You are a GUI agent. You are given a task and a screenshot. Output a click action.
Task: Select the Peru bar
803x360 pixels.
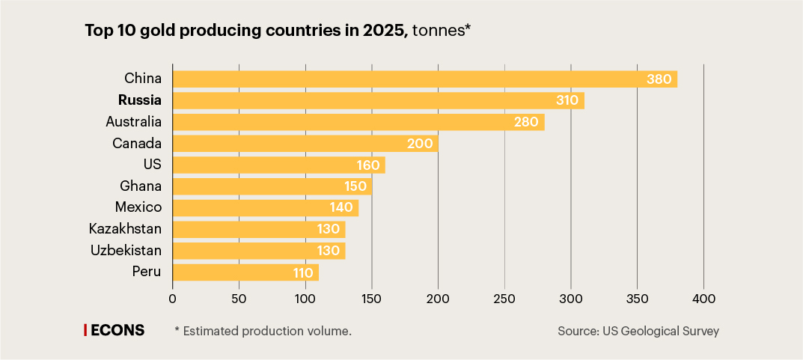(239, 272)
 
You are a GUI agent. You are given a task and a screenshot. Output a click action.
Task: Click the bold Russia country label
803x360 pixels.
(139, 100)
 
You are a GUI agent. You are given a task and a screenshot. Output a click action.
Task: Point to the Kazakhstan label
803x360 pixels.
(125, 229)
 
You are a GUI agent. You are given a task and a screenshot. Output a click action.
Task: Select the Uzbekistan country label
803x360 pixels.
(126, 251)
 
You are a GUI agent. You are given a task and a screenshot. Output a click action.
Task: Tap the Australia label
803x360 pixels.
(134, 121)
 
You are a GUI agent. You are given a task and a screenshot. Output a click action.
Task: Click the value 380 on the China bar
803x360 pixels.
(659, 79)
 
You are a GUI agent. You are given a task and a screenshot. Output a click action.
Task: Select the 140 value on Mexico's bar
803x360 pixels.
(342, 208)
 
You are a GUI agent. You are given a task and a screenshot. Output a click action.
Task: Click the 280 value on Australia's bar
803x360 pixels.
(526, 122)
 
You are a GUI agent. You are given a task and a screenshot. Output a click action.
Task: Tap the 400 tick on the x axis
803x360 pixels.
(703, 299)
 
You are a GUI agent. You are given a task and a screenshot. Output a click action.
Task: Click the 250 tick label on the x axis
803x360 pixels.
(504, 299)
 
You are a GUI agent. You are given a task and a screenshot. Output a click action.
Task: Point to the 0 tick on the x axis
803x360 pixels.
(173, 299)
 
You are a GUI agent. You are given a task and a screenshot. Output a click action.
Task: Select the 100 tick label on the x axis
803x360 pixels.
(305, 299)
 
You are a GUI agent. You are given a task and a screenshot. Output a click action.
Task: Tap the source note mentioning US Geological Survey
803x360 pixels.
(638, 331)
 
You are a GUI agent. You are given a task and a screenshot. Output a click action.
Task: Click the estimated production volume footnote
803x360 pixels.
(263, 331)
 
